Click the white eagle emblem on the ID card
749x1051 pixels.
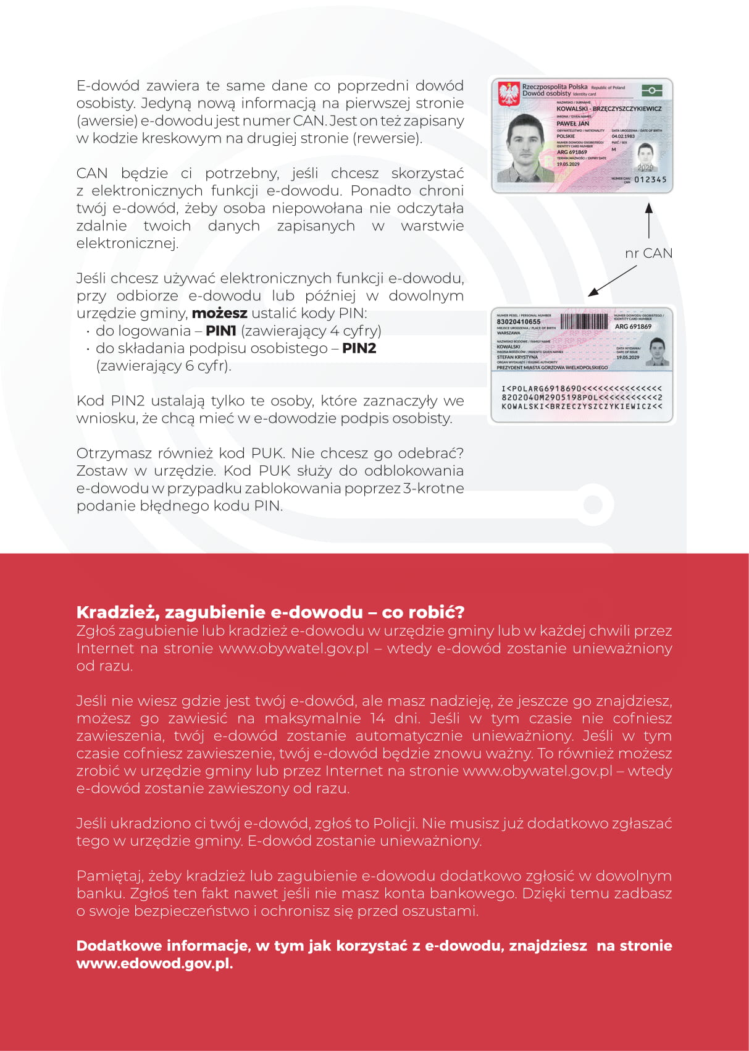509,94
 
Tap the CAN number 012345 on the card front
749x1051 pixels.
650,180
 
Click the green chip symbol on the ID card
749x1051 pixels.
651,90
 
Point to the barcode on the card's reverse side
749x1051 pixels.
584,321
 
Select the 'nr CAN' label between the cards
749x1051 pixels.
648,253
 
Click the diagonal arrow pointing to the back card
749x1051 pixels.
611,281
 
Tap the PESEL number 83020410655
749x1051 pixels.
519,322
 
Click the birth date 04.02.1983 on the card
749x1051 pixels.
623,137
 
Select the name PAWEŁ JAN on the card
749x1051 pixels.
573,124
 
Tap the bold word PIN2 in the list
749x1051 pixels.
359,348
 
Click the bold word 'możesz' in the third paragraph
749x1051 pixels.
219,313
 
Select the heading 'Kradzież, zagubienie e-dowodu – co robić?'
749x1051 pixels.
270,612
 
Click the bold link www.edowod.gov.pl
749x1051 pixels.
154,963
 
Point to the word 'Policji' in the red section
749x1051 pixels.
393,824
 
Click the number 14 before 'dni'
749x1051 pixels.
377,719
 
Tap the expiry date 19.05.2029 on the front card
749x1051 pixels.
568,164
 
